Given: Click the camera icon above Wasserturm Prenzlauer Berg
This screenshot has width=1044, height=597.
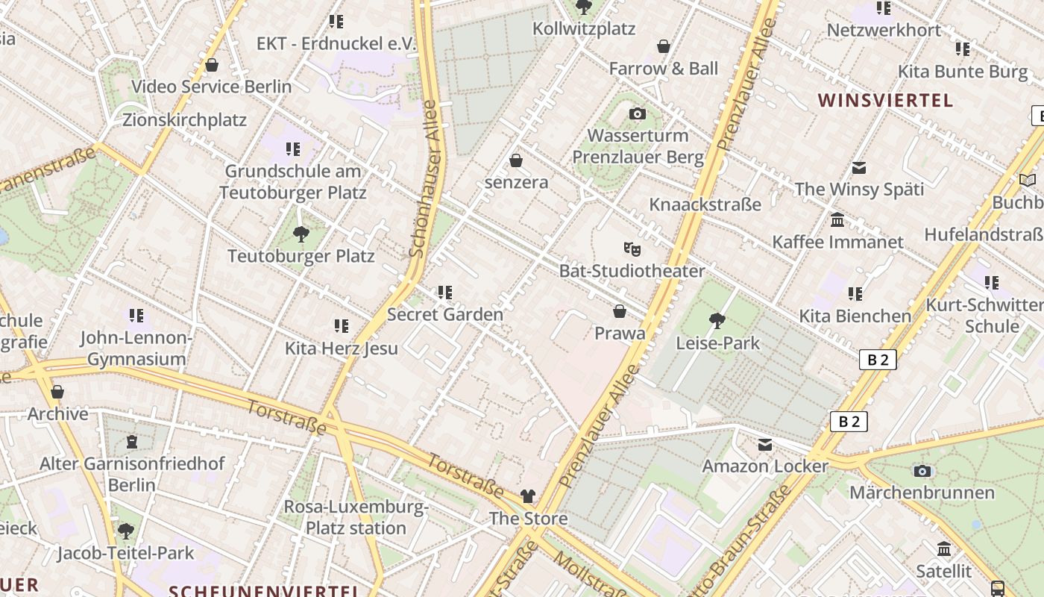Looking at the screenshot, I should [x=638, y=114].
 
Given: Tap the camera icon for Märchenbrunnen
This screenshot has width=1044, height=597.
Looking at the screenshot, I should [x=922, y=471].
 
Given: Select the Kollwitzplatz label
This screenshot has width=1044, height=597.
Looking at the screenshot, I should [x=584, y=29].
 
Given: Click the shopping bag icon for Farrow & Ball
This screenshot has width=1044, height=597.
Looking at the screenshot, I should [x=664, y=47].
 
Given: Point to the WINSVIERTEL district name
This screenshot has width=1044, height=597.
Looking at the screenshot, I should [x=885, y=101].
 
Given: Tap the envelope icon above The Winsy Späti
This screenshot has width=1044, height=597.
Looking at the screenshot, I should [x=859, y=168].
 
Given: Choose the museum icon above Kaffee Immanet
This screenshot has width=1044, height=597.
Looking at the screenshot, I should [x=837, y=220].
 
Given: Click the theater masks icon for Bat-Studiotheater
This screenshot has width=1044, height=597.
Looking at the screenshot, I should [x=632, y=249].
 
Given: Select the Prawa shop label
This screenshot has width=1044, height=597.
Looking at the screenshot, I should [x=620, y=333].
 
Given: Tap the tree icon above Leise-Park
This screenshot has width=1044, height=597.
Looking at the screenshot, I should [x=717, y=321].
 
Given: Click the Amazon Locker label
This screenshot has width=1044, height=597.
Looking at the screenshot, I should [x=765, y=466].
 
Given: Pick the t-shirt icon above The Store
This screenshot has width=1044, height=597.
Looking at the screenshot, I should [x=528, y=496].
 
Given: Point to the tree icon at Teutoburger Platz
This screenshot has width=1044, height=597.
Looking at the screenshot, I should [x=301, y=234].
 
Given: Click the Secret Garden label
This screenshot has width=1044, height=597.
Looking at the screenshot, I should [x=445, y=314].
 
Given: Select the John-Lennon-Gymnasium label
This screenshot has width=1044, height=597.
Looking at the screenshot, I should [x=136, y=348].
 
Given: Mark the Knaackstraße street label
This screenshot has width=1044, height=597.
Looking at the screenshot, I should [x=705, y=204].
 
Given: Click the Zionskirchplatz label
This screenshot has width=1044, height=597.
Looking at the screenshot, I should [x=184, y=119].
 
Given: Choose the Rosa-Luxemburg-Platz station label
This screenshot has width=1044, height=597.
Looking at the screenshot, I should [x=356, y=518].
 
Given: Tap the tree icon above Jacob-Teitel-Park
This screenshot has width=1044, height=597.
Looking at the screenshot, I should [x=126, y=531].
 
